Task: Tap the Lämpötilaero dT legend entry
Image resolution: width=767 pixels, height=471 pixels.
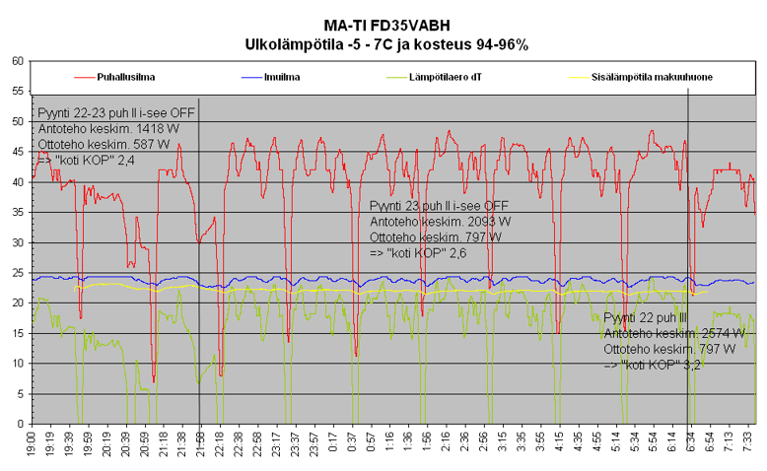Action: [x=445, y=76]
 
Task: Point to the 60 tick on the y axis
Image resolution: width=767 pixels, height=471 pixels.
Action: [x=18, y=61]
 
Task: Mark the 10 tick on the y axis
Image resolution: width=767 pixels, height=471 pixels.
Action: [x=18, y=364]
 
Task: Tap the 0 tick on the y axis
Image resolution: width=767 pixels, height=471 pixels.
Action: [x=21, y=424]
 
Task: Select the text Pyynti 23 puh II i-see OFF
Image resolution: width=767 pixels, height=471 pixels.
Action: [x=438, y=206]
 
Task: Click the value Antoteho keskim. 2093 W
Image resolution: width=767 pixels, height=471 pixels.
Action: [x=439, y=222]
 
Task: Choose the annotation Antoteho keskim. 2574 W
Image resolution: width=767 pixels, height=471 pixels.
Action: [x=669, y=333]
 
